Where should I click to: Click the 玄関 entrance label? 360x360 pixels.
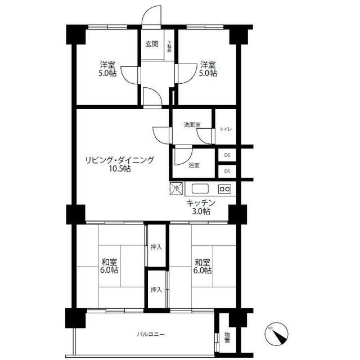click(152, 44)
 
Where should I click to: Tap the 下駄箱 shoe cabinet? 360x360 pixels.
click(169, 45)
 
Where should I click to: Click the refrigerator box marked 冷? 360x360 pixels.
click(176, 188)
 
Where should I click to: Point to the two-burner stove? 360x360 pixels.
click(224, 189)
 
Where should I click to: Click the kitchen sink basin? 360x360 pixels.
click(200, 189)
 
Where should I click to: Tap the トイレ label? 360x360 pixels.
click(226, 129)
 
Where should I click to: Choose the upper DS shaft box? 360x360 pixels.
click(227, 155)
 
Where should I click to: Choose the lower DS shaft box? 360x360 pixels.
click(227, 171)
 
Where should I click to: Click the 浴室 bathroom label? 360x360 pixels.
click(193, 165)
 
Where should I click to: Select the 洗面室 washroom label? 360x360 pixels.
click(192, 125)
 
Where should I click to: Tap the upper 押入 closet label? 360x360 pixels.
click(156, 247)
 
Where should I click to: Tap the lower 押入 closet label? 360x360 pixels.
click(156, 290)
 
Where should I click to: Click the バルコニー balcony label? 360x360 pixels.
click(151, 334)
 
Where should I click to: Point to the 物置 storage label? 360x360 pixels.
click(227, 337)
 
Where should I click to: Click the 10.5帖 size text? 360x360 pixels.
click(120, 169)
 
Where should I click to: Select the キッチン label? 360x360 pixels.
click(201, 203)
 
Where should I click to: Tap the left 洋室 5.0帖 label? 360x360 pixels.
click(107, 69)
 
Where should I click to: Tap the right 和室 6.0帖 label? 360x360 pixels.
click(202, 266)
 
